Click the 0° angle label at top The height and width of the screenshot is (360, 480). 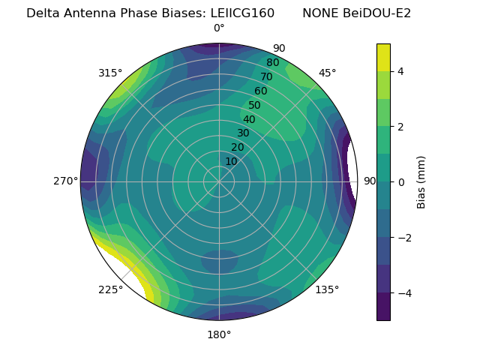pos(219,28)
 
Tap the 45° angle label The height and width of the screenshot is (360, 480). pos(327,73)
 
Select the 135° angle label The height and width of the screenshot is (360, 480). pos(327,289)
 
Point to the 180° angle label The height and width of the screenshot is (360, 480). pos(219,334)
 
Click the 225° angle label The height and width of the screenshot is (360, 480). pos(110,289)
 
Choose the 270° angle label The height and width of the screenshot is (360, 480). pos(65,181)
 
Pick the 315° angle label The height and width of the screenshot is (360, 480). pos(110,73)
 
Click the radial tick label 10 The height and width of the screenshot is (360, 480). pos(231,161)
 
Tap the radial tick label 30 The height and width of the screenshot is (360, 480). pos(243,133)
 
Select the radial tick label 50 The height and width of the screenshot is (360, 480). pos(254,105)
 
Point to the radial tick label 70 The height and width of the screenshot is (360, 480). pos(266,76)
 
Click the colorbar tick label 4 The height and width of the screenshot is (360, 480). pos(401,71)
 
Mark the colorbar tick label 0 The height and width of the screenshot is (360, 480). pos(401,182)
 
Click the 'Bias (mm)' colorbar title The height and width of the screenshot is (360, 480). pos(421,182)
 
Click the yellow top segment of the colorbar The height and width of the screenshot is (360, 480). pos(383,57)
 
